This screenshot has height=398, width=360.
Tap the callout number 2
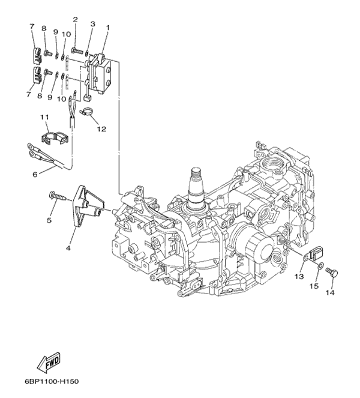pyautogui.click(x=76, y=20)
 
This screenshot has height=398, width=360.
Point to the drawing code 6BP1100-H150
pyautogui.click(x=52, y=381)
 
